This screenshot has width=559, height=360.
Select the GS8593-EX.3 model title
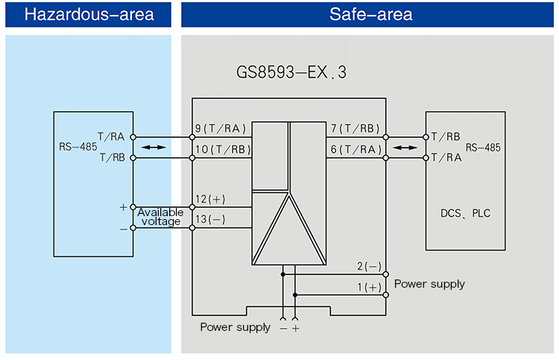point(291,73)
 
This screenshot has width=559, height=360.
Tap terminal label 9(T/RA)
point(222,129)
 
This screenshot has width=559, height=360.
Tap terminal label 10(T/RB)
point(222,150)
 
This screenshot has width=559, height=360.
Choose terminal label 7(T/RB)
point(355,129)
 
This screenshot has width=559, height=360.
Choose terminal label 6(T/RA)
point(355,150)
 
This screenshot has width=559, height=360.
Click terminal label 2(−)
point(369,267)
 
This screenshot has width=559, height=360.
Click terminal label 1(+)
point(369,288)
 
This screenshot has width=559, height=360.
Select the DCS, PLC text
point(466,214)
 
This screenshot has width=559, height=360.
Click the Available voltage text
point(160,217)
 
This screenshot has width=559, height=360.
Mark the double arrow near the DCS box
point(406,148)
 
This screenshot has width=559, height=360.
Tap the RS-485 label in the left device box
point(78,147)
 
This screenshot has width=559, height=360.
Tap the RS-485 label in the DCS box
point(483,147)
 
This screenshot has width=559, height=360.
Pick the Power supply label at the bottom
point(235,327)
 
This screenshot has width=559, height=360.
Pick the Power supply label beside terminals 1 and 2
point(429,284)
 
